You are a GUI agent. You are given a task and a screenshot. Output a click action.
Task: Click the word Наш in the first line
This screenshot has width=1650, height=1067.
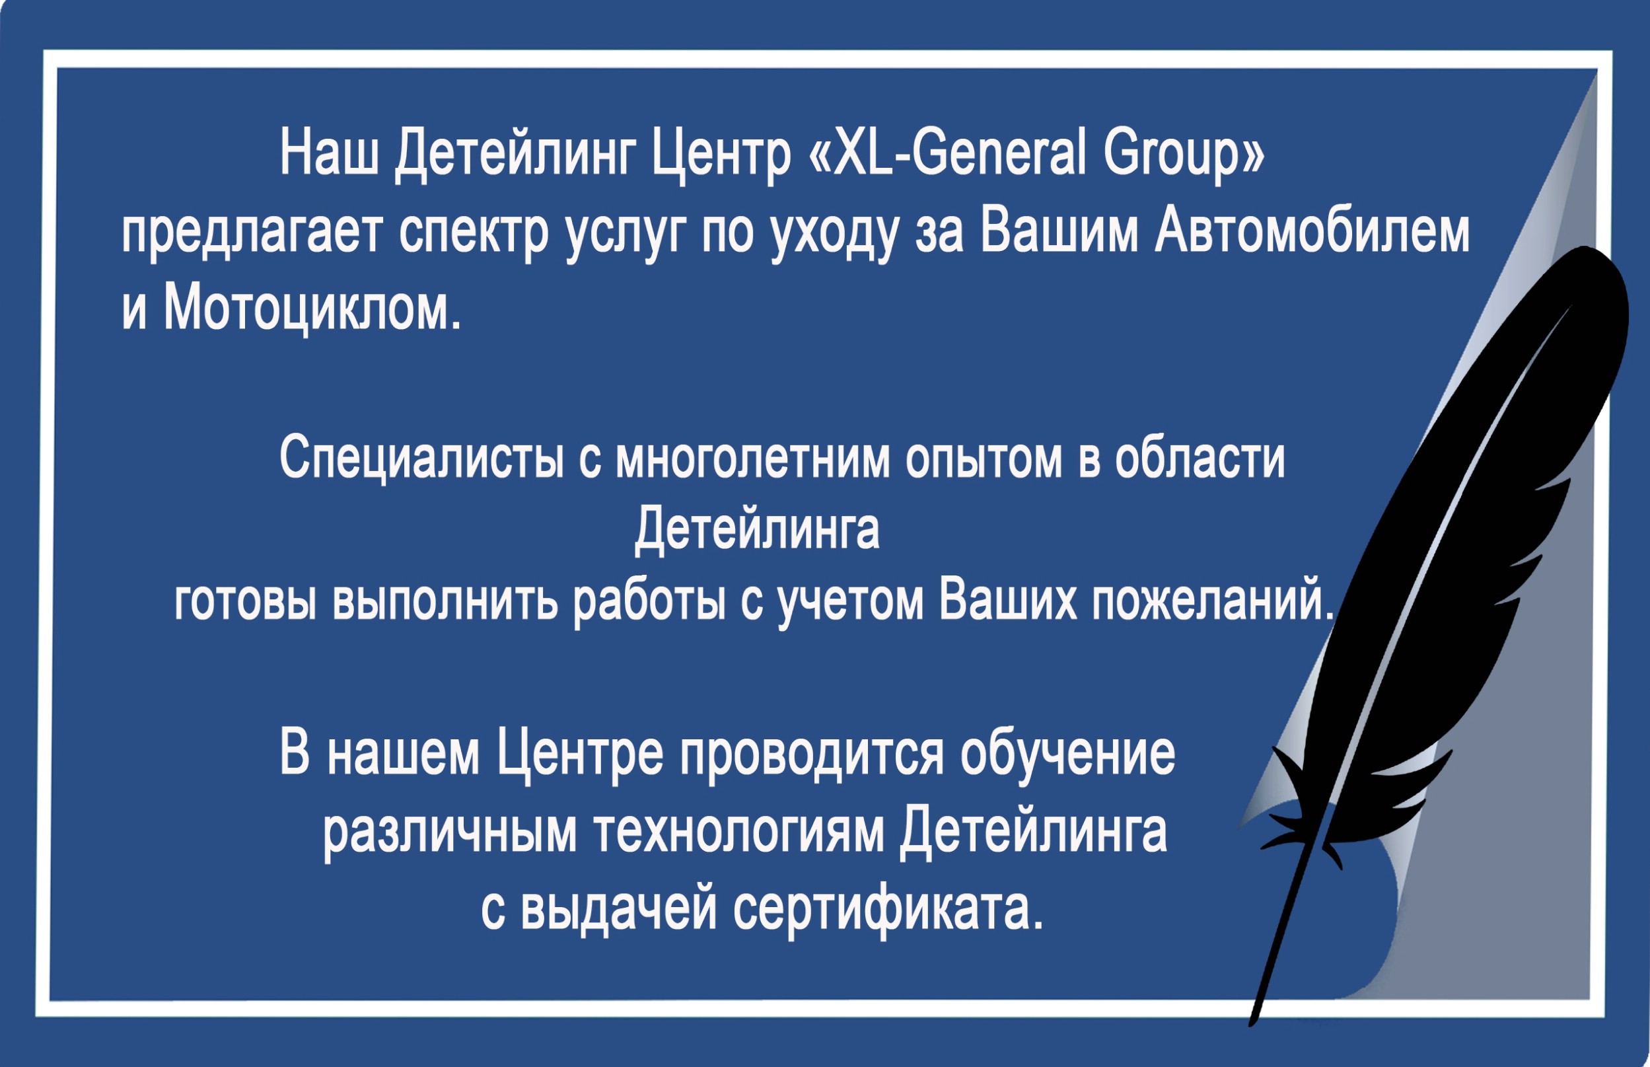point(329,153)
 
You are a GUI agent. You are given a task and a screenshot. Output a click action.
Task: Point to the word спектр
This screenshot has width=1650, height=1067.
point(474,234)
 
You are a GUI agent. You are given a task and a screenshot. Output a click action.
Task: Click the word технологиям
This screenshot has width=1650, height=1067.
point(738,830)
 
